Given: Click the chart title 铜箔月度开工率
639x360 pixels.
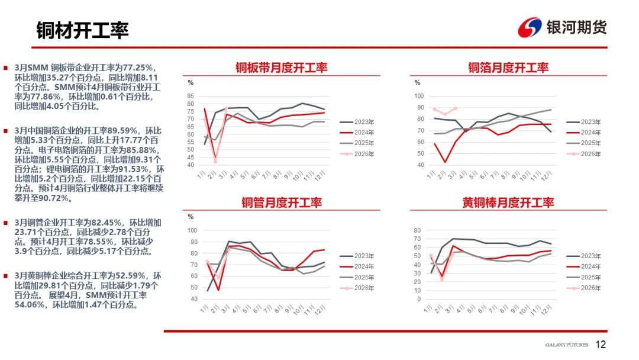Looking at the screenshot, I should point(508,68).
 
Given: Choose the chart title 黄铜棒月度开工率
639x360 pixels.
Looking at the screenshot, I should point(508,203).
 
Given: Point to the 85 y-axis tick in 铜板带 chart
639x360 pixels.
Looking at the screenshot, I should point(191,96).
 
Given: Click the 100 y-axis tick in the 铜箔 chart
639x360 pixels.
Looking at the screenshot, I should point(419,96).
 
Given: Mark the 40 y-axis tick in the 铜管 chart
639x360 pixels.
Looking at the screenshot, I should point(192,299).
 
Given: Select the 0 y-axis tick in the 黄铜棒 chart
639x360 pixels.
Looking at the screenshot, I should point(418,299).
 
